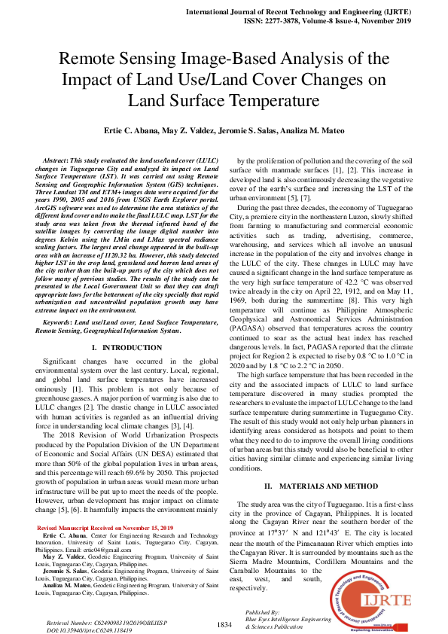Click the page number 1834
[224, 624]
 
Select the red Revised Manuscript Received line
[105, 528]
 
